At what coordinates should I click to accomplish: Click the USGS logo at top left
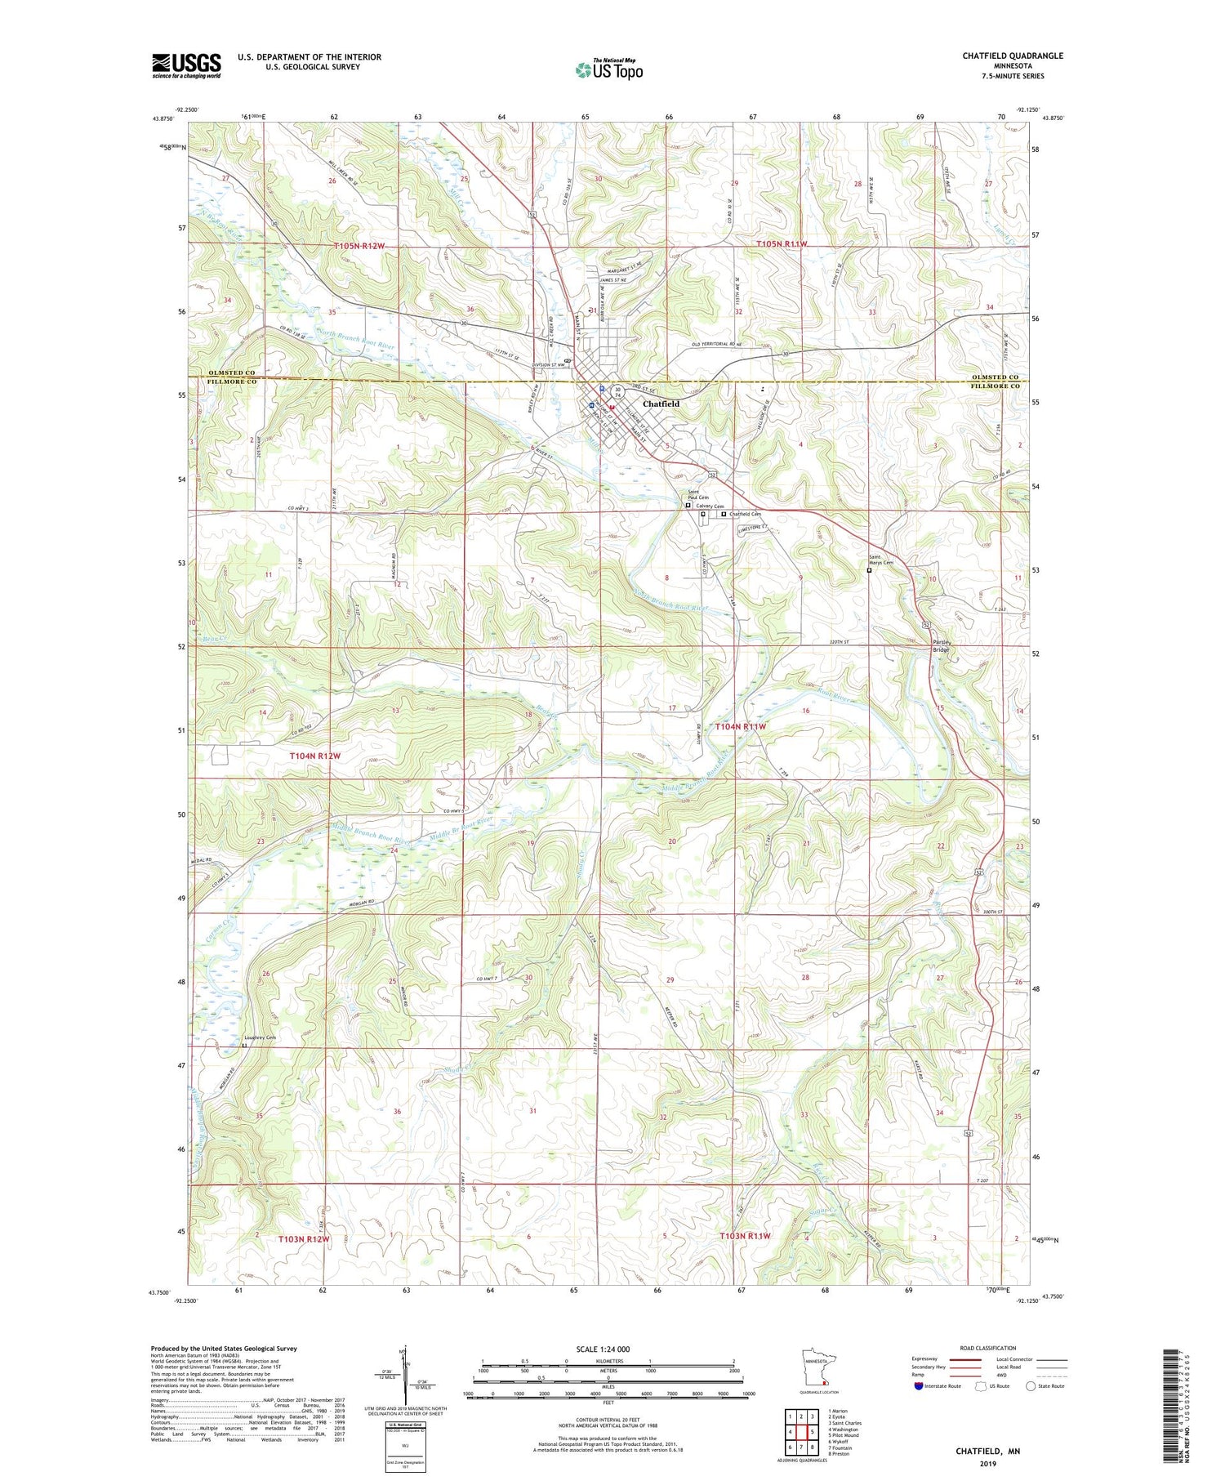[186, 65]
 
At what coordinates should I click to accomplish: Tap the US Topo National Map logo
[608, 69]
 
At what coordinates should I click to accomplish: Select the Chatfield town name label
[661, 404]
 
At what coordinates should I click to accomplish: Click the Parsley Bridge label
[945, 645]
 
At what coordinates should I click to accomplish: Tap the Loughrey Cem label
[260, 1037]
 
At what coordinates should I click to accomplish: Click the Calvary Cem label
[710, 506]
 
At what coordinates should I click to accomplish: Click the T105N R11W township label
[782, 244]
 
